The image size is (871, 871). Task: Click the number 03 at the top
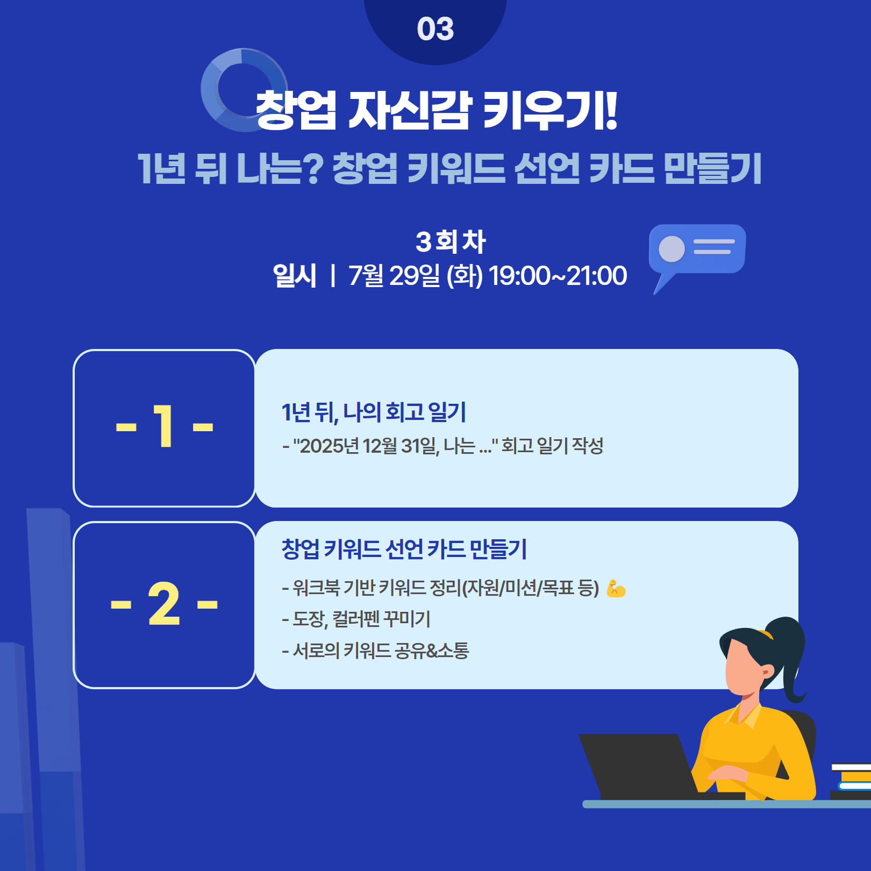pos(435,29)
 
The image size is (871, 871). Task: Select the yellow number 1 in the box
pos(163,426)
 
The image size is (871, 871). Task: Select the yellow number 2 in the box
pos(164,604)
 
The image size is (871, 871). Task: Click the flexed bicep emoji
pos(616,589)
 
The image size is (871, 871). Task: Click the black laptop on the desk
pos(640,766)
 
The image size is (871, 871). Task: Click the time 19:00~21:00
pos(558,276)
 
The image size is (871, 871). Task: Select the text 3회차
pos(451,241)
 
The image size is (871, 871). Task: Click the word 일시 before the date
pos(295,276)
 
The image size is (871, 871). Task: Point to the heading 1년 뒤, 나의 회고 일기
pos(374,412)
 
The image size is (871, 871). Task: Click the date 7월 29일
pos(394,276)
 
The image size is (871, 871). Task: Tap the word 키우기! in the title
pos(549,110)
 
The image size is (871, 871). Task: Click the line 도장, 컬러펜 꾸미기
pos(356,619)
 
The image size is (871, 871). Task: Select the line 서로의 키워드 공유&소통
pos(375,651)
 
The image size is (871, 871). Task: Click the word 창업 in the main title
pos(296,110)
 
